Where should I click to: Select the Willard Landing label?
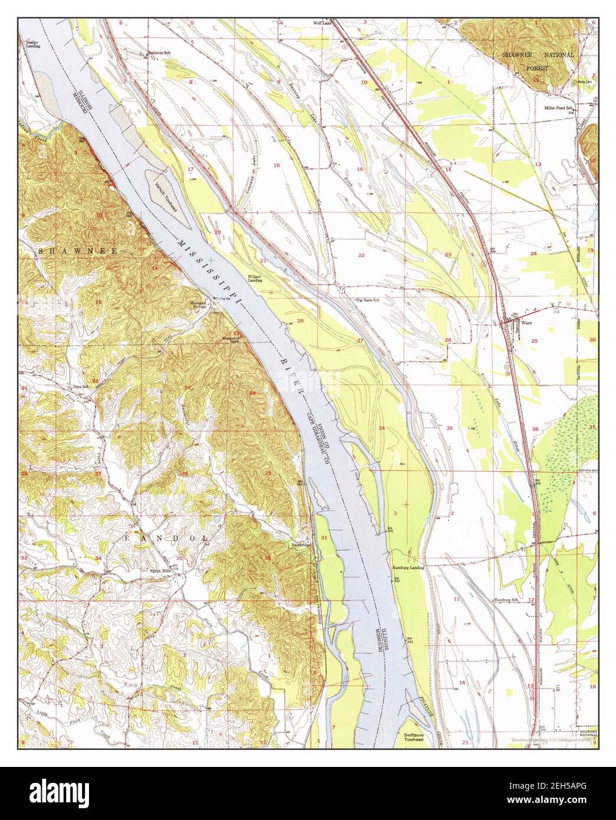(254, 278)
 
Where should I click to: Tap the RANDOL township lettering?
(166, 539)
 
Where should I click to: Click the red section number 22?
(361, 255)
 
